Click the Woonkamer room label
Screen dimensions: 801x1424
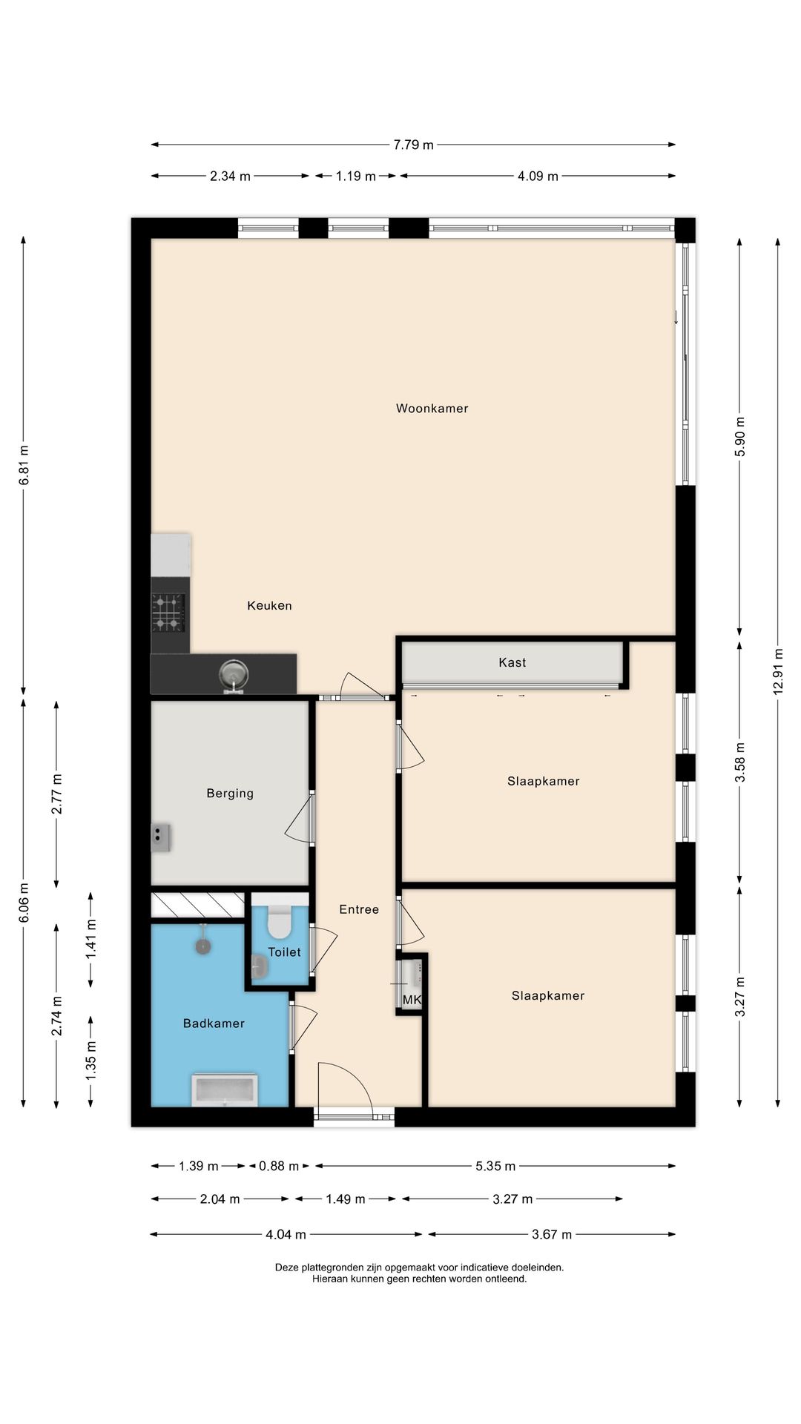click(432, 408)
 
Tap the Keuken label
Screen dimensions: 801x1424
click(269, 605)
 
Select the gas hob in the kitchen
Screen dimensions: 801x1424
click(168, 613)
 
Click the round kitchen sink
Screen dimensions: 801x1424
click(233, 675)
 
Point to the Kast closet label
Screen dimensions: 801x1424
click(512, 662)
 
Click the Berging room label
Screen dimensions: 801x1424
click(230, 793)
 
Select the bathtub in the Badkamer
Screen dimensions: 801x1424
click(224, 1090)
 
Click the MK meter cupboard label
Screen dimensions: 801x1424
click(412, 1000)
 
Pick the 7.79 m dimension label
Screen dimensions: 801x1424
click(413, 145)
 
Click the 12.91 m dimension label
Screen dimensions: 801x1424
click(778, 670)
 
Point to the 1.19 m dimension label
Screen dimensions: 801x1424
click(356, 176)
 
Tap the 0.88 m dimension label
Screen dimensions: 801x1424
click(279, 1166)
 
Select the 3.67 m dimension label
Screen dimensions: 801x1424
click(552, 1234)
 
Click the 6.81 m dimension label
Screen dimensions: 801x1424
click(24, 465)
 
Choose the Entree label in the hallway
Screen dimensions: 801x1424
click(359, 909)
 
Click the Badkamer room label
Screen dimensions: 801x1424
click(214, 1023)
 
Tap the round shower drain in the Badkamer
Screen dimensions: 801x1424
click(202, 946)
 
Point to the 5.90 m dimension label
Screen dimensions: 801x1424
click(739, 438)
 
